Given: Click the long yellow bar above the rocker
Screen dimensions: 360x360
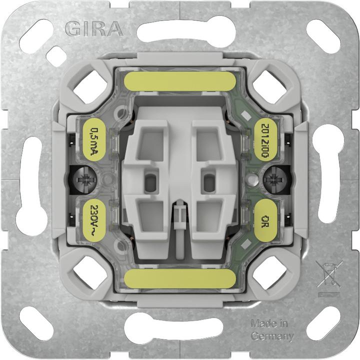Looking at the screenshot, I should (180, 81).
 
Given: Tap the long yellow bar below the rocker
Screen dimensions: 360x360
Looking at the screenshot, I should (180, 279).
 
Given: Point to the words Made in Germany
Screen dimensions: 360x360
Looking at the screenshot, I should (271, 330).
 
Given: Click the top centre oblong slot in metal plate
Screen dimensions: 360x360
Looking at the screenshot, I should (180, 30).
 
